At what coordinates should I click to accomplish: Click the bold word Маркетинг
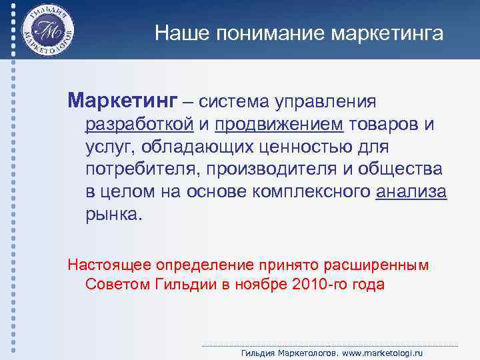click(123, 101)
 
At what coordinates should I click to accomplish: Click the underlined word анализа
click(411, 192)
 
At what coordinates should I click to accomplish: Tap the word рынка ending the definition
click(113, 215)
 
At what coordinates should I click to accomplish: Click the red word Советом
click(116, 285)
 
